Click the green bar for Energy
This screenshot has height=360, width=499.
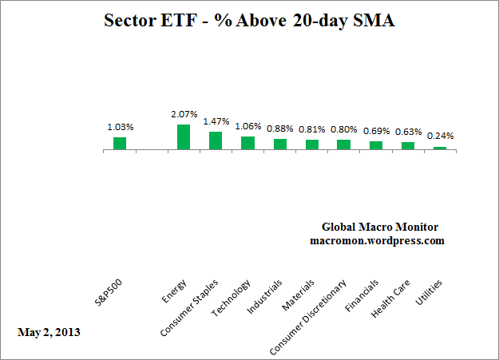[x=184, y=136]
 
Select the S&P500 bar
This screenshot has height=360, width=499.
[x=120, y=143]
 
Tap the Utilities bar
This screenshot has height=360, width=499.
[x=440, y=148]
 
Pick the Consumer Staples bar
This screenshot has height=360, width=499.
[x=216, y=140]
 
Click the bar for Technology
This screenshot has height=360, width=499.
[x=248, y=143]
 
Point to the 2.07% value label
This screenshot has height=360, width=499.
[x=184, y=115]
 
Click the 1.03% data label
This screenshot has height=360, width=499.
[x=120, y=127]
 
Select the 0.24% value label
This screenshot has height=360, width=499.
[x=440, y=136]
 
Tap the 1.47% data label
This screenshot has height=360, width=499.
[x=216, y=121]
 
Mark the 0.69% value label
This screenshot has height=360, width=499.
[x=376, y=130]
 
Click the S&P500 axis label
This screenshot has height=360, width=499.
[x=109, y=294]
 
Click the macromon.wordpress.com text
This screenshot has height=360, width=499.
[x=377, y=240]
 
